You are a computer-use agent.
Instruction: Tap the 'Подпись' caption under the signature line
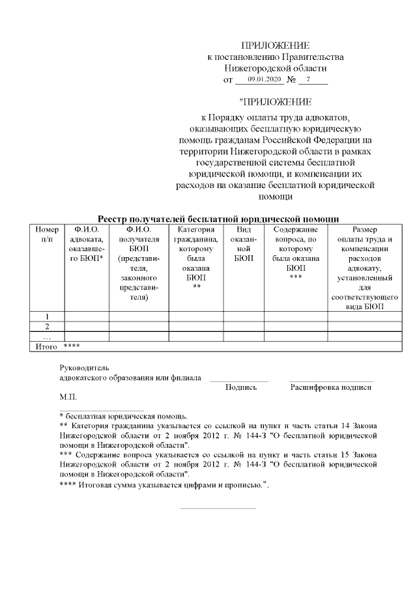[x=240, y=387]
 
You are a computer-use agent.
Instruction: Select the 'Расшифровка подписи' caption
[x=330, y=387]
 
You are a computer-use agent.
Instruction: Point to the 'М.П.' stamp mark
[x=68, y=396]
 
